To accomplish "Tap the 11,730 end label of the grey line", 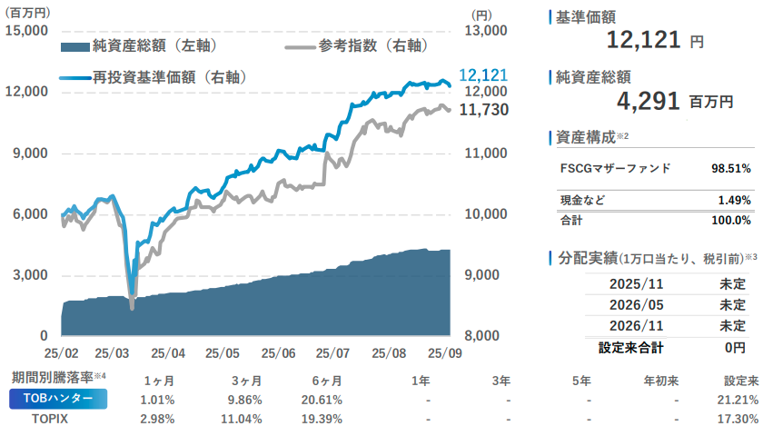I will point(483,110).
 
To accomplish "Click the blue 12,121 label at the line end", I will point(483,76).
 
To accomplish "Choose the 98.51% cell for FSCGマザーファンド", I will point(730,168).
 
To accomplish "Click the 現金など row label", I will point(582,200).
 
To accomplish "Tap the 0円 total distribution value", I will point(735,347).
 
